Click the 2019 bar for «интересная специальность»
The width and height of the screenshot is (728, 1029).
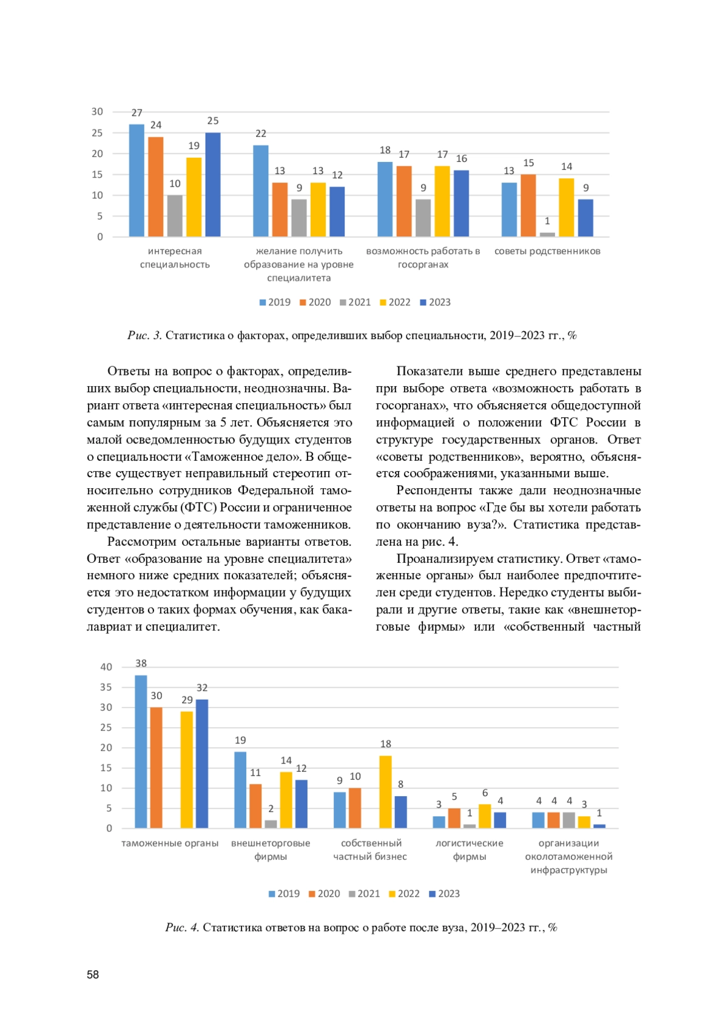point(136,181)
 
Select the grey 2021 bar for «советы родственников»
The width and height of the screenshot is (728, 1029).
point(547,234)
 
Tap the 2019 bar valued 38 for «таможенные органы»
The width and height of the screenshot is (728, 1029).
point(141,752)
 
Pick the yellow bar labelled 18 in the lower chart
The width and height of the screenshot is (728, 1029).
point(385,792)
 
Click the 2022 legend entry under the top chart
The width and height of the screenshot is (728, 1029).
point(395,302)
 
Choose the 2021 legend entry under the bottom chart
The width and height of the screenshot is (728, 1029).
point(364,894)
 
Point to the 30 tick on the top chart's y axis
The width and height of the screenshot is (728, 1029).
point(97,112)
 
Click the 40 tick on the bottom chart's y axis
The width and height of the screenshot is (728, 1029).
point(106,667)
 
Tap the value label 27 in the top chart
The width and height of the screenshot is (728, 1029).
point(137,113)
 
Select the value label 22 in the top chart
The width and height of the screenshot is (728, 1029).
point(261,133)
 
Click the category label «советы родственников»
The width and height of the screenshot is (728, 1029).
point(547,251)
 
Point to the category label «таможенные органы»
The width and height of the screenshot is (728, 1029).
point(170,843)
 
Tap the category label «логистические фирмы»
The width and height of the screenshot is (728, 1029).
point(470,850)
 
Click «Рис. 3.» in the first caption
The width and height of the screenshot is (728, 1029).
point(144,335)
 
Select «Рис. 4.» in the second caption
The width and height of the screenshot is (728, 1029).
point(182,927)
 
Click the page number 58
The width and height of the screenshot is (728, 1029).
point(93,974)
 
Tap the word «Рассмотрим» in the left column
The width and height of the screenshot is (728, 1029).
point(140,541)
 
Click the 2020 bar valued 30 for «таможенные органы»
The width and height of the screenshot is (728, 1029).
point(156,768)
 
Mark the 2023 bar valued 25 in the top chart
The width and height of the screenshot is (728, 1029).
point(213,184)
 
